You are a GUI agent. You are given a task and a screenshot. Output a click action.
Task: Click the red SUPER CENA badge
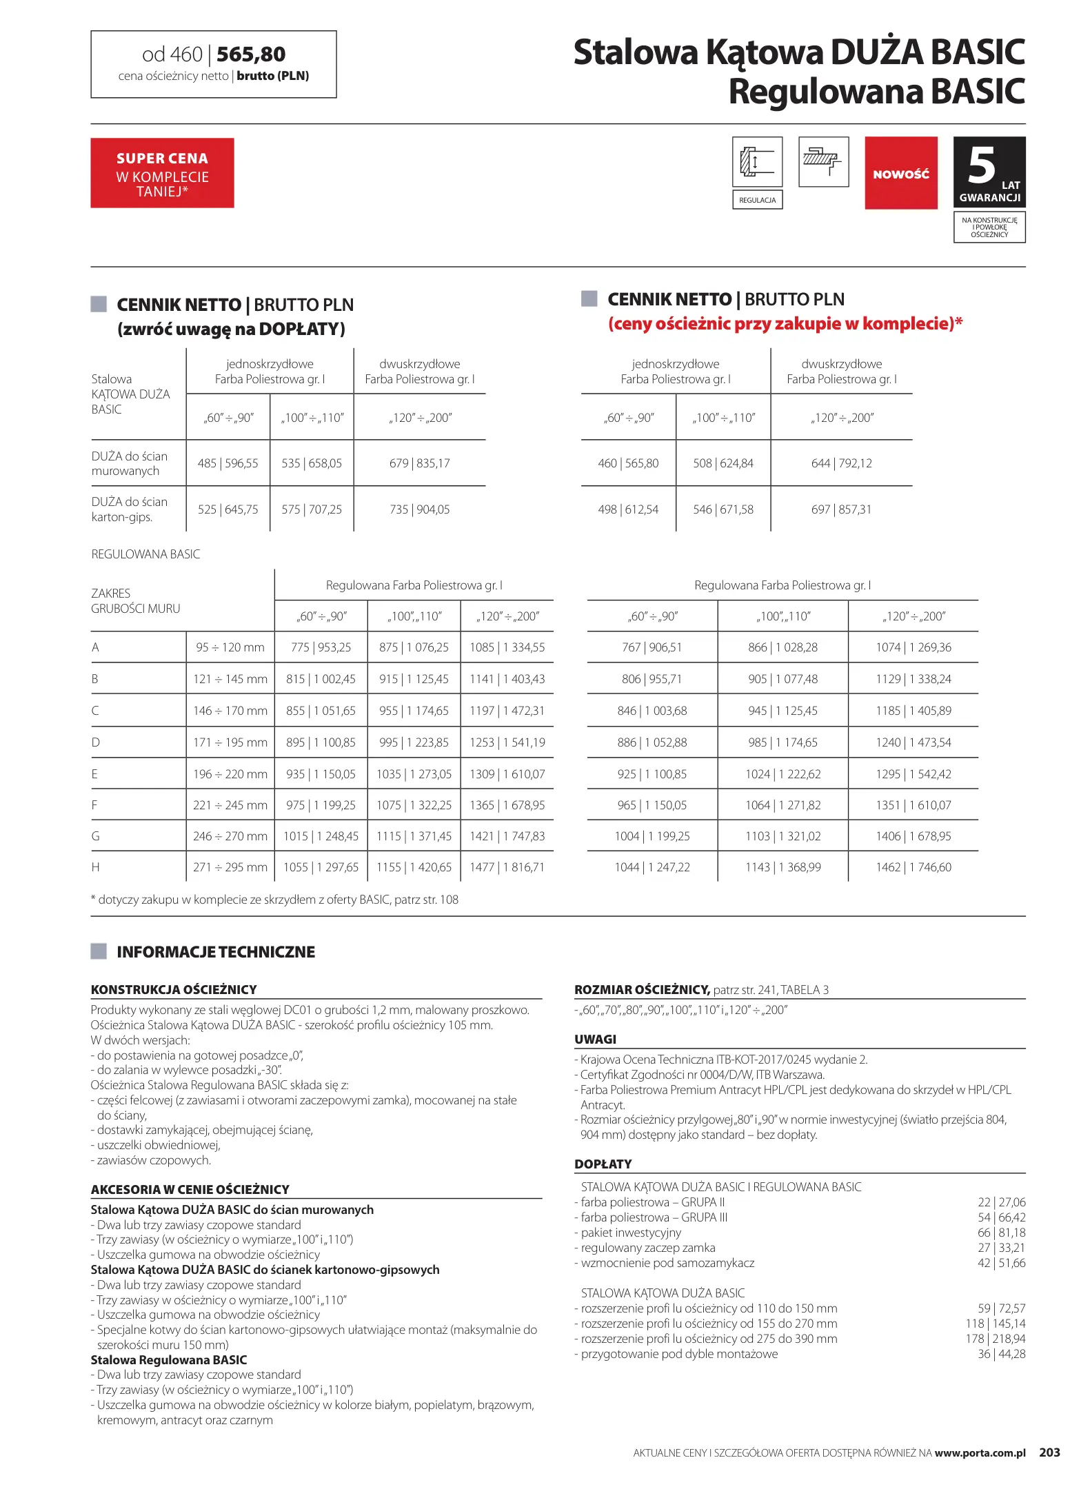coord(162,173)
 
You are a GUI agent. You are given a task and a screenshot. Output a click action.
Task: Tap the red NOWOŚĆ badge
coord(900,173)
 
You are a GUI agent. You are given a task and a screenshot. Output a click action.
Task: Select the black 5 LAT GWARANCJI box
coord(989,172)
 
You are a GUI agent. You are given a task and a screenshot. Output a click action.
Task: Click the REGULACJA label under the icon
coord(757,200)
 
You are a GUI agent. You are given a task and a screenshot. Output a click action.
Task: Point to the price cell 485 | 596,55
coord(228,463)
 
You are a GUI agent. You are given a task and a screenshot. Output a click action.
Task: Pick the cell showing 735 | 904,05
coord(419,509)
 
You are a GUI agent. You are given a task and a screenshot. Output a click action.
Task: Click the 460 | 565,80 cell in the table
coord(628,463)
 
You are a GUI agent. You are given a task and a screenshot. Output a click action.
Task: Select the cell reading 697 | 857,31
coord(841,509)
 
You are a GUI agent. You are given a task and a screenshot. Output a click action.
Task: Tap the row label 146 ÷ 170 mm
coord(230,711)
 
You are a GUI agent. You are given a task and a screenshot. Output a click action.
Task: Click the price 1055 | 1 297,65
coord(321,867)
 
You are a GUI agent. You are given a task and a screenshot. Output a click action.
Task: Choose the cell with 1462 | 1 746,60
coord(913,867)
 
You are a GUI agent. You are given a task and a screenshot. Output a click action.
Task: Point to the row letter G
coord(96,836)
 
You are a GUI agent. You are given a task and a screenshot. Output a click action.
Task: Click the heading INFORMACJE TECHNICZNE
coord(215,952)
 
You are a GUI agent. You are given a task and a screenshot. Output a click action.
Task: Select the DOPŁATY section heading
coord(603,1164)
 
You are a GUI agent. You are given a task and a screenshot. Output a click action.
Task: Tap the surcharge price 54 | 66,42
coord(1001,1217)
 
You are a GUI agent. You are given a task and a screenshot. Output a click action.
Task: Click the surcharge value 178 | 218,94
coord(995,1339)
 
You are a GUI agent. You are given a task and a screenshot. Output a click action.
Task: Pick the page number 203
coord(1049,1452)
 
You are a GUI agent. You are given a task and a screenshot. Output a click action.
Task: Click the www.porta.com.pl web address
coord(980,1453)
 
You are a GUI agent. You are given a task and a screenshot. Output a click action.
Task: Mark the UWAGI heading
coord(595,1040)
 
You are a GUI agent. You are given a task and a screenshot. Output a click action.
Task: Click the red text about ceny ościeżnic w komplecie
coord(785,323)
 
